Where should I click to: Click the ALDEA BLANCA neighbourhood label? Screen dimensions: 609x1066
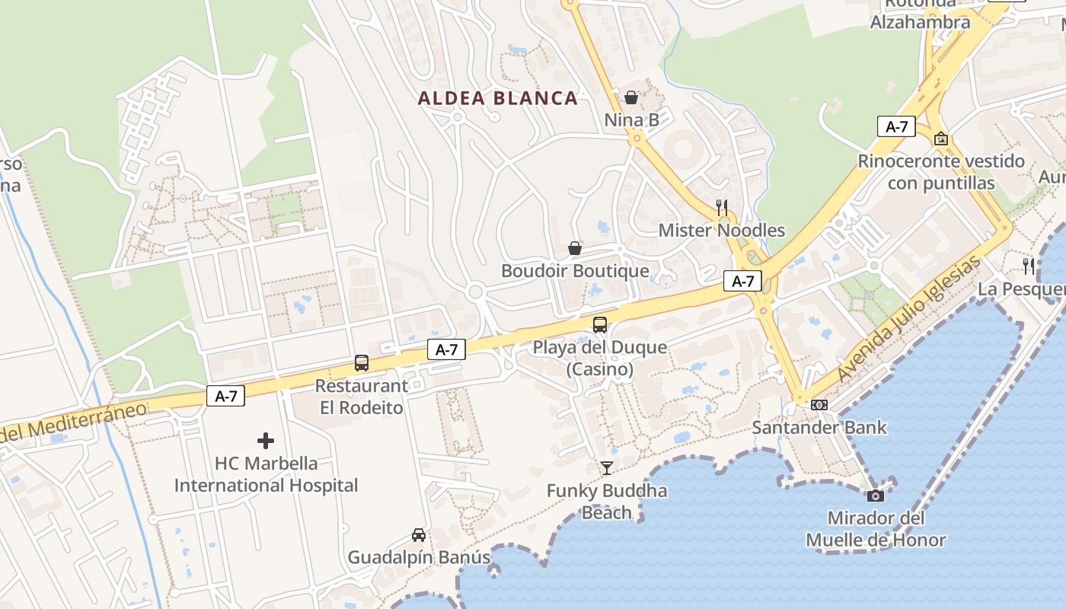498,98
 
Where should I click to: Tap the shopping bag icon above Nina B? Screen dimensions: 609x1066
631,97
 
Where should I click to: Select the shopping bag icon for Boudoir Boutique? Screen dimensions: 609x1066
575,248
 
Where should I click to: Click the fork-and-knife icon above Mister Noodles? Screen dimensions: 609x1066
722,207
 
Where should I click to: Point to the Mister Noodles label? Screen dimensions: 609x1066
722,230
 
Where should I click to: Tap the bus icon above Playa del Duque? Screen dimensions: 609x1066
600,325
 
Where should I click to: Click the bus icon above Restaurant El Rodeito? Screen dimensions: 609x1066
362,363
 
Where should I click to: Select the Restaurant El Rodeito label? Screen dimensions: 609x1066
362,397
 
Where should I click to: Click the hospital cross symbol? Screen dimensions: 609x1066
266,441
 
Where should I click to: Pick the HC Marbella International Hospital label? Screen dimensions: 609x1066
266,474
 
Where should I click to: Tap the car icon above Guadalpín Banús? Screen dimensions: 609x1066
419,535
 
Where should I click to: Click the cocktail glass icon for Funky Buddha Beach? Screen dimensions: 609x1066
607,468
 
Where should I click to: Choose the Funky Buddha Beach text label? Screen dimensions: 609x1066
607,502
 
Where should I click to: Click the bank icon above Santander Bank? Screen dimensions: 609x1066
819,405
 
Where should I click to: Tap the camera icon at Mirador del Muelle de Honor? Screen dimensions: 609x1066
876,496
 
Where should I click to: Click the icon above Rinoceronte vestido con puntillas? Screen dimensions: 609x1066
941,139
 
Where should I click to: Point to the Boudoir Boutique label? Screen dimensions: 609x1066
575,271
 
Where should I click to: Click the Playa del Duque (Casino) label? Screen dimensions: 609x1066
600,359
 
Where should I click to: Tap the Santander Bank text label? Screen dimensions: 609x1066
819,427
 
